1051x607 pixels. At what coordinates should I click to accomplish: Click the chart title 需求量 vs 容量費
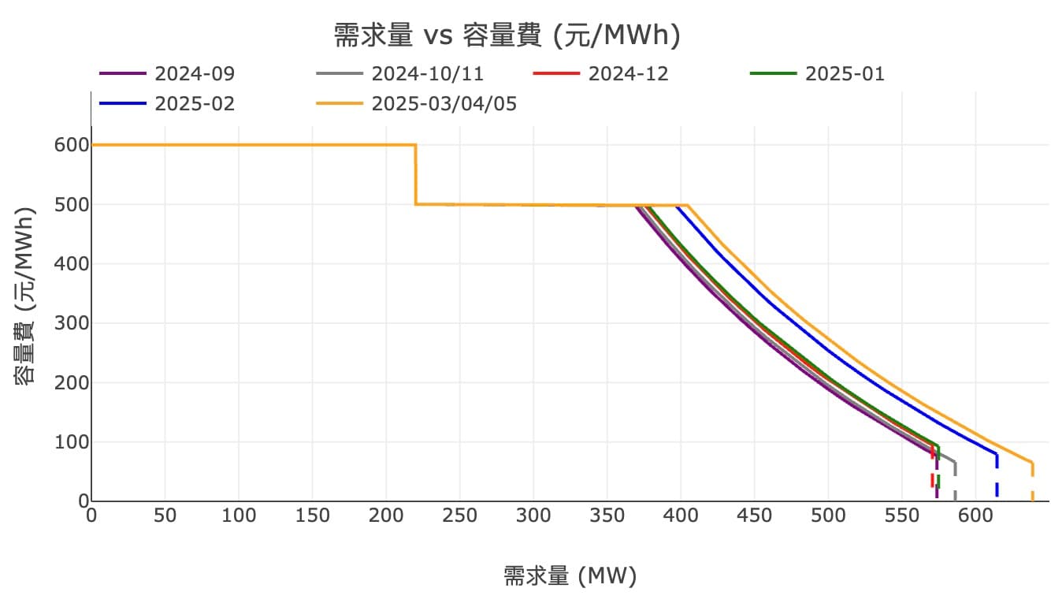coord(507,35)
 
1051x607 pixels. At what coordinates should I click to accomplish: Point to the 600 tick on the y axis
coord(69,145)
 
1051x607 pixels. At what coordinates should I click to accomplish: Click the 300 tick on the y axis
coord(69,323)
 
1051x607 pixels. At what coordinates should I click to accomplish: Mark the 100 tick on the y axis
coord(69,442)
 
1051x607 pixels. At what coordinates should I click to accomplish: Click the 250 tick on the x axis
coord(459,516)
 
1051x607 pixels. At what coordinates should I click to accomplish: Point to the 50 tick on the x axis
coord(165,516)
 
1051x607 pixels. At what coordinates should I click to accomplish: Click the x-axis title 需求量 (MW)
coord(570,576)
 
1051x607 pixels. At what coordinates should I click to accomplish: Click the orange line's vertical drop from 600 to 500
coord(416,175)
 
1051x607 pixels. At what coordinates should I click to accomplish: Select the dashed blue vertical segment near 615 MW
coord(997,479)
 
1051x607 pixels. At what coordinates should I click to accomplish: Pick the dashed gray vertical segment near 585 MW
coord(955,482)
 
